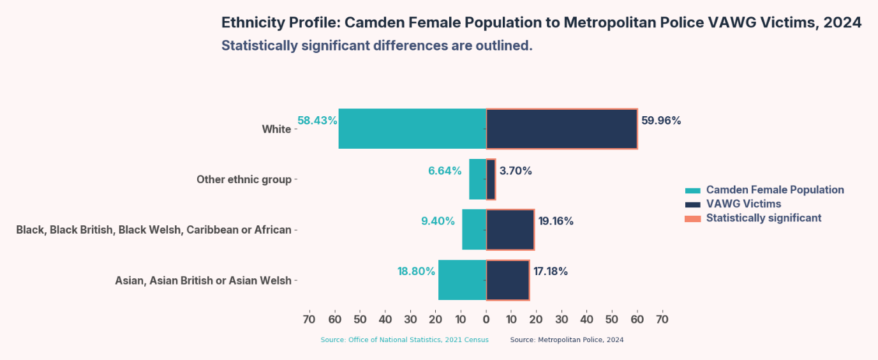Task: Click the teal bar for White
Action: pos(412,129)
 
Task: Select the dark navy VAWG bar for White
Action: pos(562,129)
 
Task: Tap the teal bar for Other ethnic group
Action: pos(477,179)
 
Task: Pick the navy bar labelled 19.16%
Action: pos(510,230)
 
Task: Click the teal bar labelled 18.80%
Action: pos(462,280)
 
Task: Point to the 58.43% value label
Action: pos(317,121)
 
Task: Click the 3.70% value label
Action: pos(516,171)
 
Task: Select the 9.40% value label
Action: pos(438,221)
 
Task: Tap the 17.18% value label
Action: pos(551,271)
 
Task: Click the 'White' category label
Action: pos(276,130)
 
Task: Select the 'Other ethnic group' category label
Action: pos(244,179)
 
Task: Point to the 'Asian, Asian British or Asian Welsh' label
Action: pos(203,281)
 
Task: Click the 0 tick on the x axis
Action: pos(486,319)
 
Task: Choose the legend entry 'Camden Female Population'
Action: pos(775,190)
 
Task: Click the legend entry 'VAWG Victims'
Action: pos(743,204)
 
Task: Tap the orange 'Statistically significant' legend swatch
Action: pos(692,218)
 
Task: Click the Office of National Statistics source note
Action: pos(405,340)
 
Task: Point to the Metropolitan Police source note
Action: pos(567,340)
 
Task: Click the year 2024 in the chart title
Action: pos(842,23)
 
